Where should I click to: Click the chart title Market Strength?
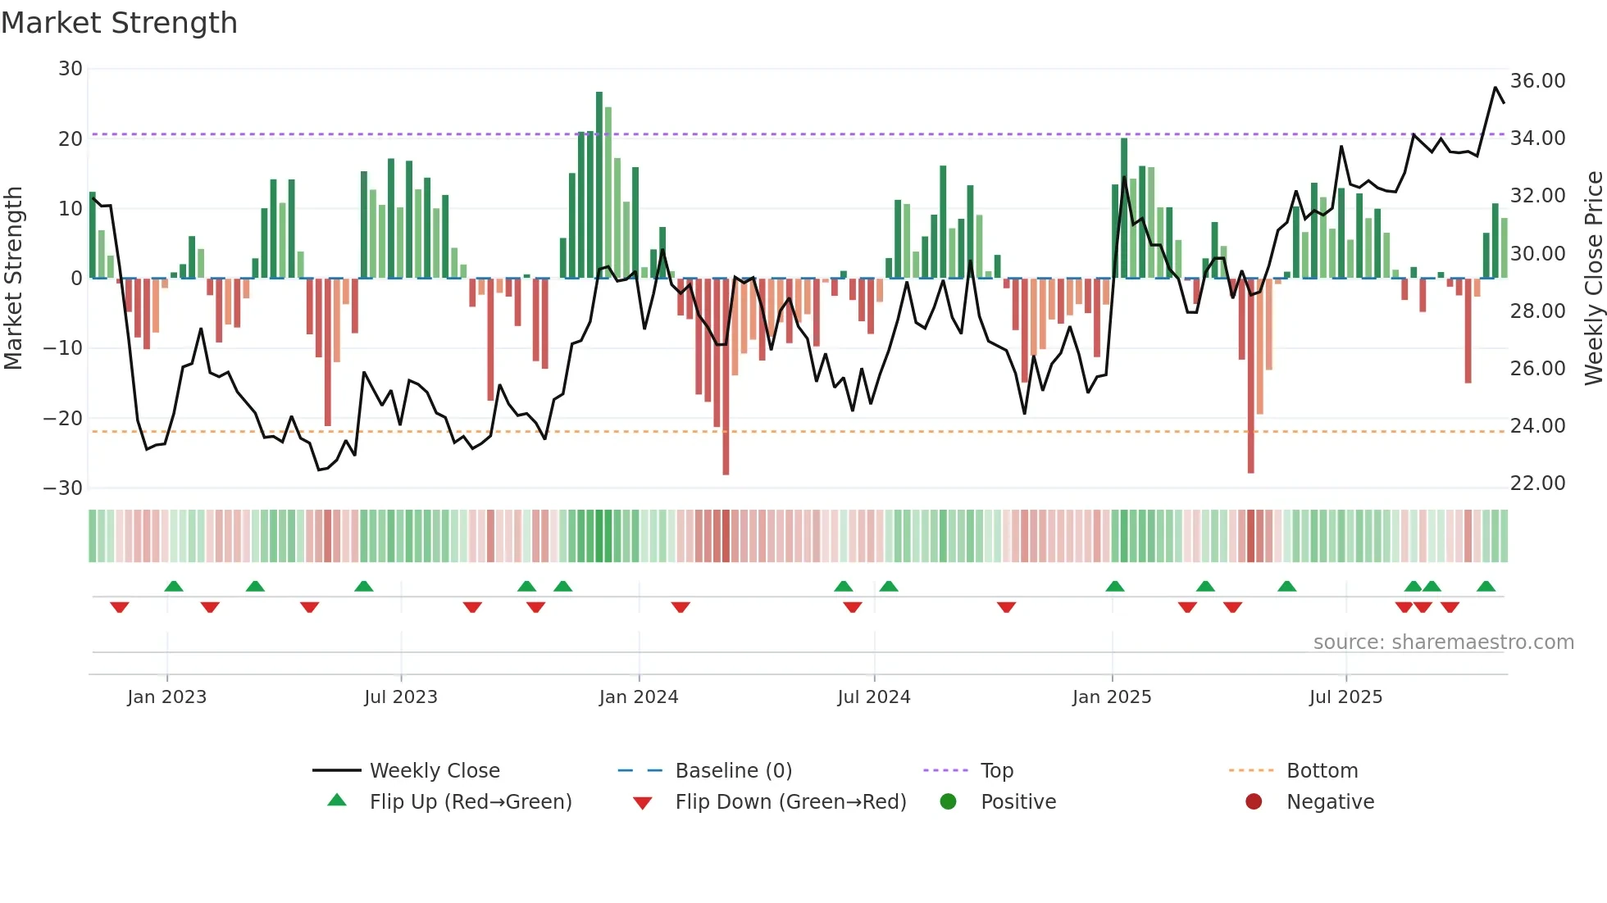[119, 23]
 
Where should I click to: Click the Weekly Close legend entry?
[434, 770]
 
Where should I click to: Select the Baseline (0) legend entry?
[733, 770]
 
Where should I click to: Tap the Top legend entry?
[996, 770]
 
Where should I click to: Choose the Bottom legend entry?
[1322, 770]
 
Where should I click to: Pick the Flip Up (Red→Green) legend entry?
[470, 801]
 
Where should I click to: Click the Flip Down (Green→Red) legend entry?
[790, 801]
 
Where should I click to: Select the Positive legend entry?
[1017, 801]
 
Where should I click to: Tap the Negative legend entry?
[1329, 801]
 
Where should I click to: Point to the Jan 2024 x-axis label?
[639, 697]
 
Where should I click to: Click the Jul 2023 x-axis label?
[401, 697]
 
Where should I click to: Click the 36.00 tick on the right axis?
[1537, 81]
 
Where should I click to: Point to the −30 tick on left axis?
[63, 488]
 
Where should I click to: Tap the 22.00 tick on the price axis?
[1537, 483]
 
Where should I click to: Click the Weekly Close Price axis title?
[1593, 279]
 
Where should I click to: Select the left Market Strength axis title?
[13, 279]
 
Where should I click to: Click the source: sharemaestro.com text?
[1443, 642]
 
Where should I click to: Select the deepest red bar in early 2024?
[726, 377]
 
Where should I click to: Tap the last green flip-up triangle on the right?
[1486, 587]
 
